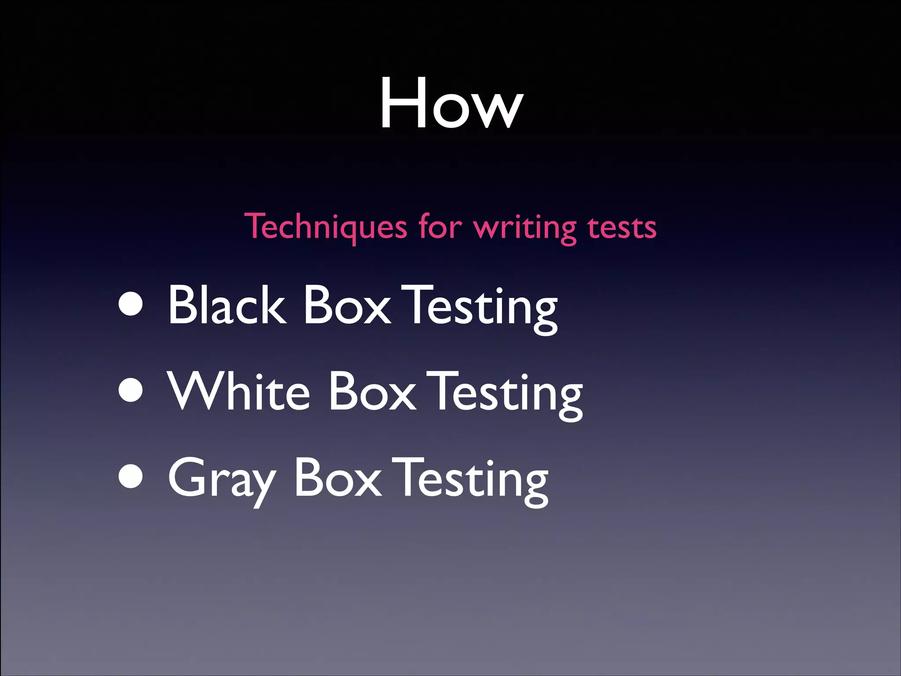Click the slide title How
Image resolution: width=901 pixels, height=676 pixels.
451,104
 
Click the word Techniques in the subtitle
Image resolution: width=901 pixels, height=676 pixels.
326,227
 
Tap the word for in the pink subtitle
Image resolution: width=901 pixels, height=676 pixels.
440,226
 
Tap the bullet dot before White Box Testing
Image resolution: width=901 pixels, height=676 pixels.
131,391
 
